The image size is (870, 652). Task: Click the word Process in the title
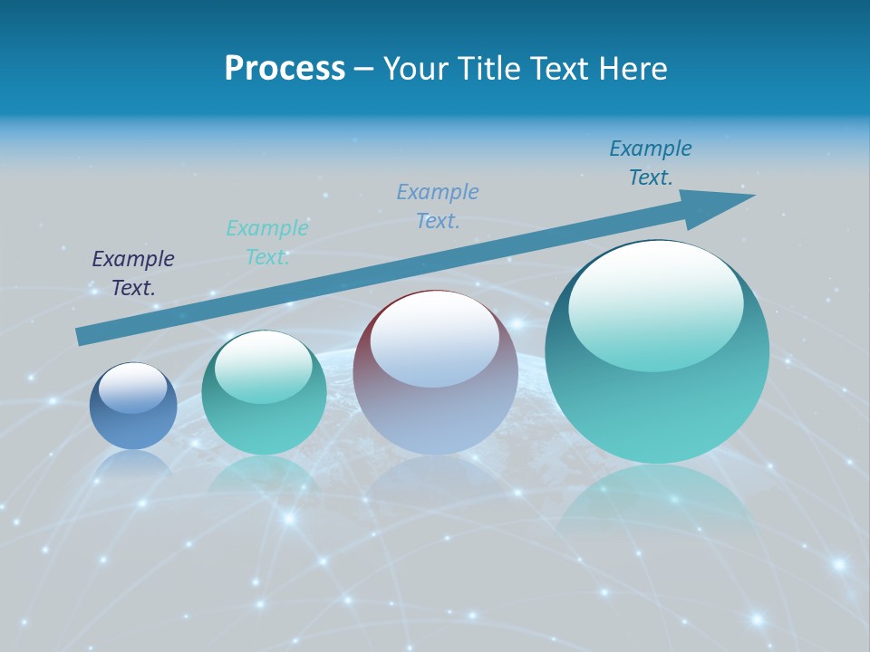tap(285, 69)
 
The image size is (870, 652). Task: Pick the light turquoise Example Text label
tap(267, 243)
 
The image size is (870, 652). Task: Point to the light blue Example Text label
tap(438, 206)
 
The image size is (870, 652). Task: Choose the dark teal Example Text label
tap(651, 163)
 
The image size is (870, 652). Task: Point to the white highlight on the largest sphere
tap(656, 304)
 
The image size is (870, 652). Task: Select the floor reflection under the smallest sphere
tap(133, 463)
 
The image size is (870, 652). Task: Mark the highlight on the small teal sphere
tap(264, 367)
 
